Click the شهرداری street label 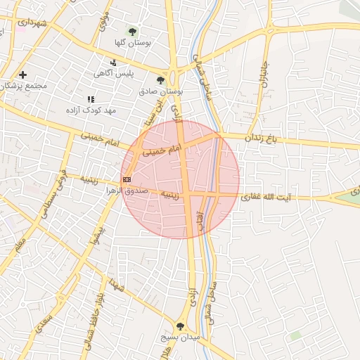tap(33, 23)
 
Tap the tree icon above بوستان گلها tap(132, 31)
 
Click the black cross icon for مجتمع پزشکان tap(22, 75)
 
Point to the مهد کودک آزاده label tap(90, 110)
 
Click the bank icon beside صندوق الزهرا tap(127, 180)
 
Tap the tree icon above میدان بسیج tap(180, 326)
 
